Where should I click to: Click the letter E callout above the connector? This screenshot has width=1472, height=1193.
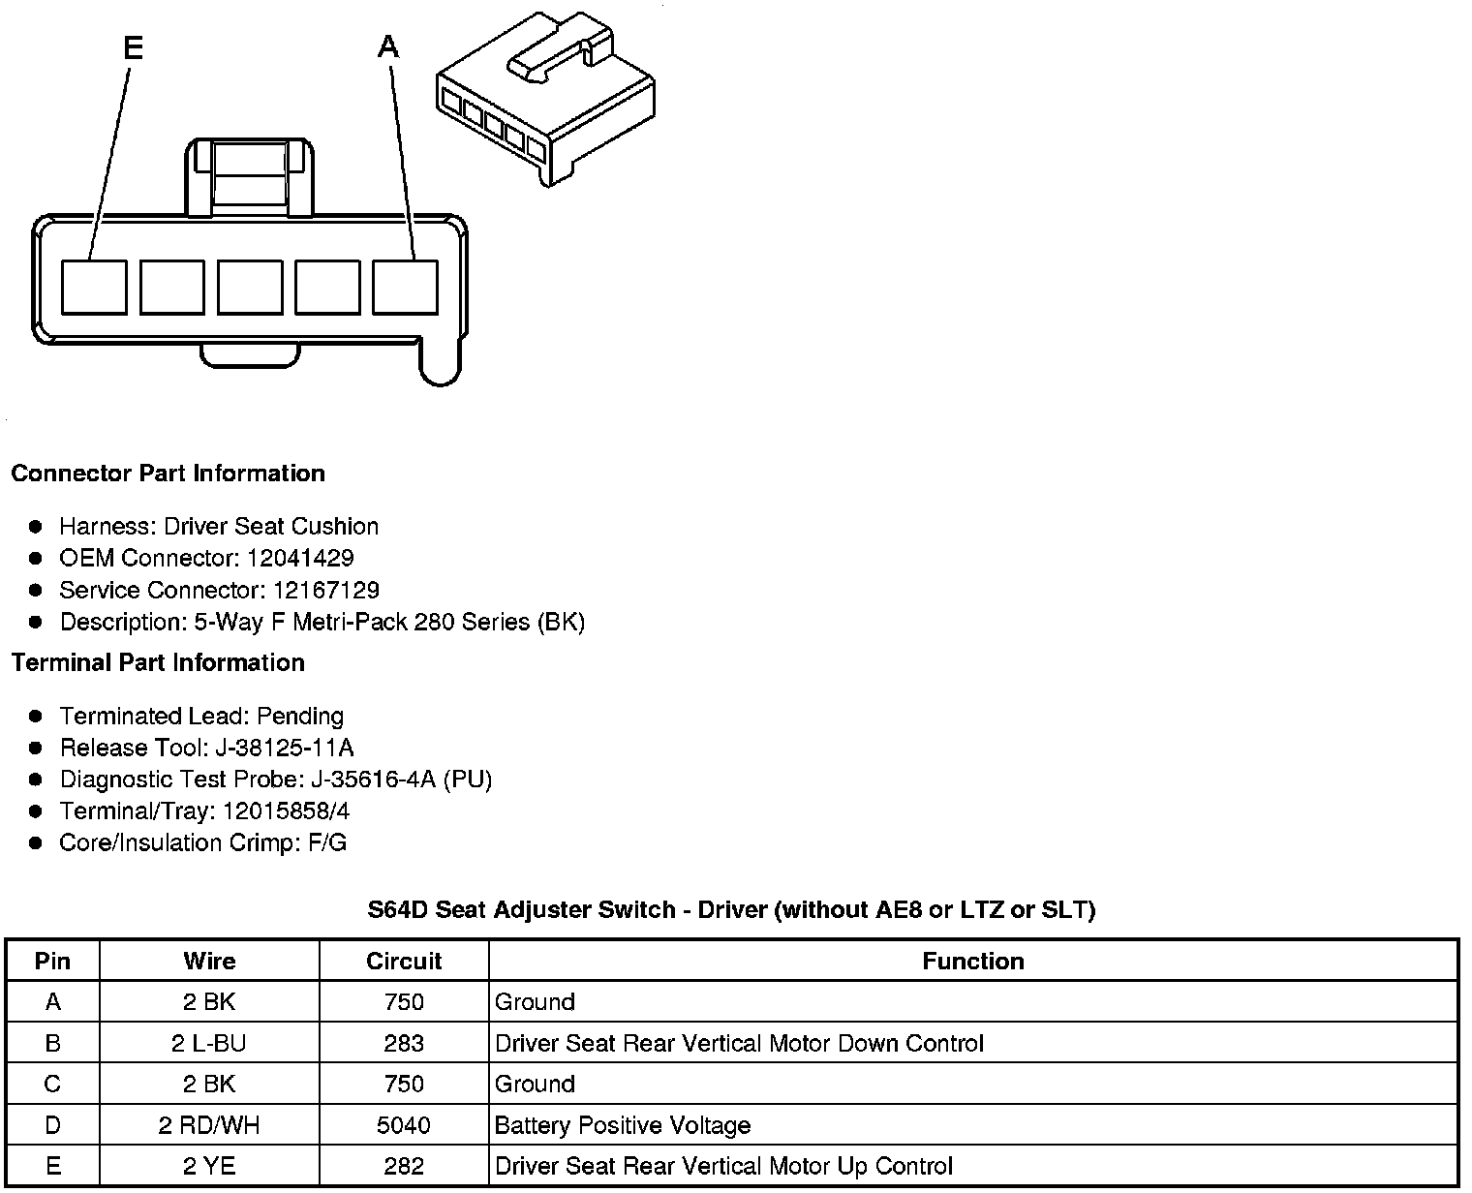133,47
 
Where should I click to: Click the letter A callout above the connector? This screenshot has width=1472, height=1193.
388,46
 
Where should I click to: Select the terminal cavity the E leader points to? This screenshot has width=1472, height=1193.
94,287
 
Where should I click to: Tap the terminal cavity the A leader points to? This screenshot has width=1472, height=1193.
405,287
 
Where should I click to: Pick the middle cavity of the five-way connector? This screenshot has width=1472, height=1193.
250,287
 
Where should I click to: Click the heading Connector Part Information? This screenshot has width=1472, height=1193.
168,474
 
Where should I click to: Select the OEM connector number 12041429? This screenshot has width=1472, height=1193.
299,559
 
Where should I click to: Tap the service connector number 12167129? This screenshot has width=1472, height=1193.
325,591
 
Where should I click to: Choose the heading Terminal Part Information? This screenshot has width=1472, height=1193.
158,663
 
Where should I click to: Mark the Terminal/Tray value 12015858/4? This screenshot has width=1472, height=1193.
286,811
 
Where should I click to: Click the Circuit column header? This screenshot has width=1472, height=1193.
404,962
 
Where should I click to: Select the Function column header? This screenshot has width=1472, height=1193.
972,962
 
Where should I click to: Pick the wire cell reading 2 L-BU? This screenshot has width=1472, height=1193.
209,1044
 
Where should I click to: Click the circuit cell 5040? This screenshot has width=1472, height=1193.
404,1126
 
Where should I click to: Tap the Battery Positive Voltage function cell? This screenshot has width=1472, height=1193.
623,1126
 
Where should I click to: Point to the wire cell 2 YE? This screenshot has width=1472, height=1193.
209,1167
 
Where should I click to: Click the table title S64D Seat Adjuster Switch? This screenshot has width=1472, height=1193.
731,910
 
